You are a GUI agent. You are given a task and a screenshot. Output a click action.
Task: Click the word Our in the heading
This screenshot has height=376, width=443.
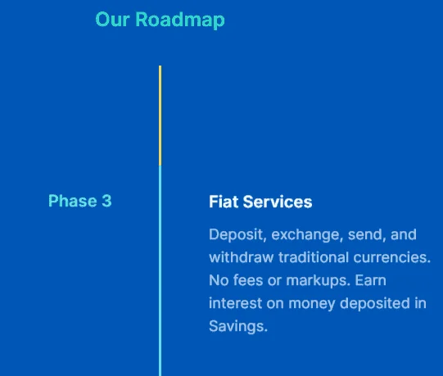click(112, 20)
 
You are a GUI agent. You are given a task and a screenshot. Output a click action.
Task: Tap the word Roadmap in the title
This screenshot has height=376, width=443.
click(180, 20)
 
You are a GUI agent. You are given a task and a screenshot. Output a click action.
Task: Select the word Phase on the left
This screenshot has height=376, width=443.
click(73, 201)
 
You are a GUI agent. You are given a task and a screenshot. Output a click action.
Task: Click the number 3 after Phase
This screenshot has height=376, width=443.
click(106, 201)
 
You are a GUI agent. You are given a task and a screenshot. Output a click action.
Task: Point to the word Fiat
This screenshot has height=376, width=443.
click(224, 202)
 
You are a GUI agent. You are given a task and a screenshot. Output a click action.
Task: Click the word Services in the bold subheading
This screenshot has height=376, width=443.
click(278, 202)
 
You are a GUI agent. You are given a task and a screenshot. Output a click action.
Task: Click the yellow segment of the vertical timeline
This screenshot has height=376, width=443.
click(160, 116)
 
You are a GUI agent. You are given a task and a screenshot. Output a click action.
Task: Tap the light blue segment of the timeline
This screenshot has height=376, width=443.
click(160, 271)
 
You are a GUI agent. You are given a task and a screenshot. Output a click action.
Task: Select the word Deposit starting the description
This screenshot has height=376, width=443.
click(237, 235)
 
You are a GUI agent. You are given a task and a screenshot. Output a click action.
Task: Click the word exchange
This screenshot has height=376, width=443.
click(307, 235)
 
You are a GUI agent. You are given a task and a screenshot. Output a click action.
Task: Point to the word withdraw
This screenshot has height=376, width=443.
click(242, 257)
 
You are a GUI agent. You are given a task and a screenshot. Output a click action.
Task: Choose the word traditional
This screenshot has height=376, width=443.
click(314, 257)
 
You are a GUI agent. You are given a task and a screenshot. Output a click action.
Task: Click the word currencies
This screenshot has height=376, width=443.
click(392, 257)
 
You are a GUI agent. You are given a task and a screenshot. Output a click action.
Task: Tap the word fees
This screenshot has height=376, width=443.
click(248, 280)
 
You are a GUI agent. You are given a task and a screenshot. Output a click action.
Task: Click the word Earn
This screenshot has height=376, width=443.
click(371, 280)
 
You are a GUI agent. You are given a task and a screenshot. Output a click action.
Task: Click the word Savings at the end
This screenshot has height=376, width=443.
click(238, 327)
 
